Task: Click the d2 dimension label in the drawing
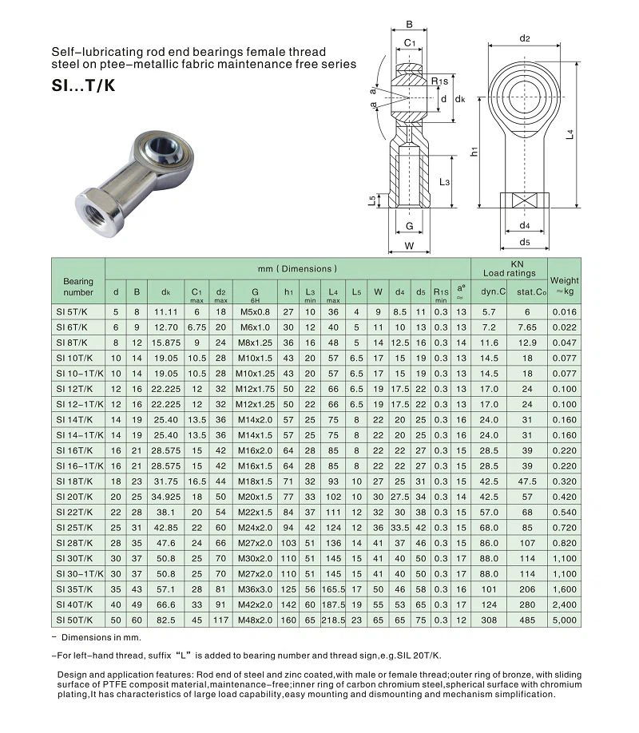tap(525, 38)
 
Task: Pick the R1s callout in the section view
tap(439, 81)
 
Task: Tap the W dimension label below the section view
tap(409, 246)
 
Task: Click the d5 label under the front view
tap(525, 242)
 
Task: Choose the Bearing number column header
tap(78, 286)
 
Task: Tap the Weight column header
tap(564, 286)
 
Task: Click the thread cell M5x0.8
tap(255, 313)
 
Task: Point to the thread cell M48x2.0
tap(255, 619)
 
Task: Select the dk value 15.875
tap(166, 343)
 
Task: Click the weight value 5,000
tap(564, 619)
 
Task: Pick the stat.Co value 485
tap(527, 619)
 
